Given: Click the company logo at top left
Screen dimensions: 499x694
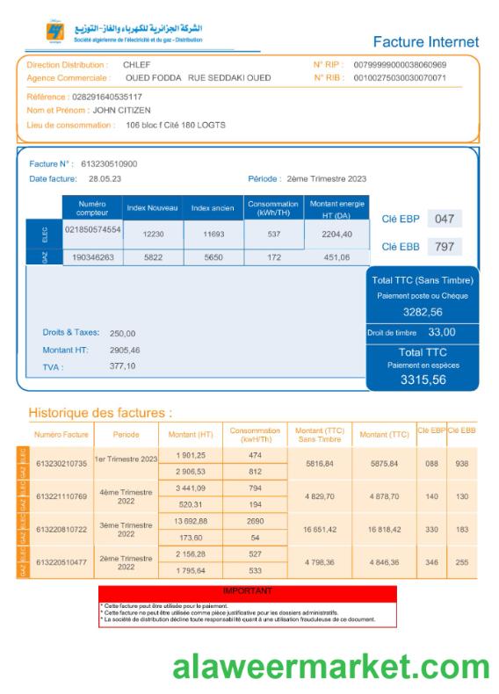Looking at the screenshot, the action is (x=54, y=33).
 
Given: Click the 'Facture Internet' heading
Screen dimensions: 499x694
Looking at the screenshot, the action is (x=426, y=41).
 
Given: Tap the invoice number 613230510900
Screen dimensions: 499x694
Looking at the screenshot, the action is (x=109, y=164).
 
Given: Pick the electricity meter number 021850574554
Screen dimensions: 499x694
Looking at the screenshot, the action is (x=92, y=228).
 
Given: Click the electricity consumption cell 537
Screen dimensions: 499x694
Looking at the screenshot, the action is (x=273, y=235).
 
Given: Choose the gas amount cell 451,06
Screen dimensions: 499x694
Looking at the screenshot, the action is (x=337, y=257).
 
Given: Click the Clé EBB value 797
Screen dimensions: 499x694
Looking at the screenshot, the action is (x=445, y=247).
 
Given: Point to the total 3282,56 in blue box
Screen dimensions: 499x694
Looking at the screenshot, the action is (x=423, y=312).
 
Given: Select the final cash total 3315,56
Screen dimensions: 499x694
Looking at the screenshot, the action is (x=423, y=380).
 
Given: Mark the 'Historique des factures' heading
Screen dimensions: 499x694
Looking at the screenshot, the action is (x=100, y=412).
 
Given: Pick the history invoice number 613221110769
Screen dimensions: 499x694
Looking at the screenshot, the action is (x=61, y=496).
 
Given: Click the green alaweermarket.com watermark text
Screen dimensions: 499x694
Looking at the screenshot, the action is (x=331, y=667).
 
